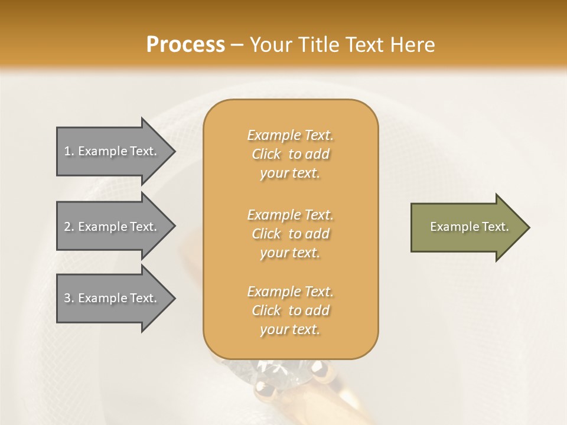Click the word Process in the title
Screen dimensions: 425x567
click(185, 45)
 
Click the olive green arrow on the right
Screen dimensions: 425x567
click(467, 227)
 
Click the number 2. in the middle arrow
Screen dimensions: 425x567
click(69, 227)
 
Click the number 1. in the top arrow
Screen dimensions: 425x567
click(69, 151)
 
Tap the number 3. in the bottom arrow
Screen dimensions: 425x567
click(69, 298)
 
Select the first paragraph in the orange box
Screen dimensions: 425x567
click(290, 154)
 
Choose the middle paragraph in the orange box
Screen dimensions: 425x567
click(290, 234)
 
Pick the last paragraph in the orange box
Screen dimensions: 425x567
click(290, 310)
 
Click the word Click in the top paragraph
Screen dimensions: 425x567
click(266, 154)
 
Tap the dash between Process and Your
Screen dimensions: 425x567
click(237, 45)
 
